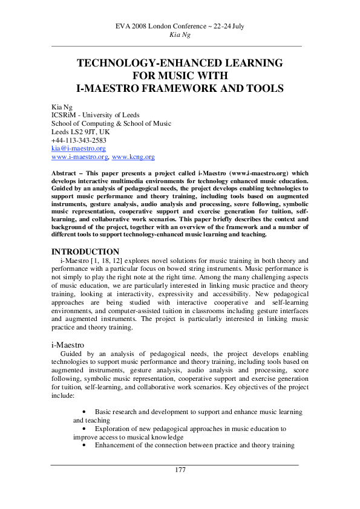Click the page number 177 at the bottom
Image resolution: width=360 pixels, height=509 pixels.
click(x=180, y=470)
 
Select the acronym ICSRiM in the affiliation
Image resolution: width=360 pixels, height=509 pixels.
click(x=65, y=115)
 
